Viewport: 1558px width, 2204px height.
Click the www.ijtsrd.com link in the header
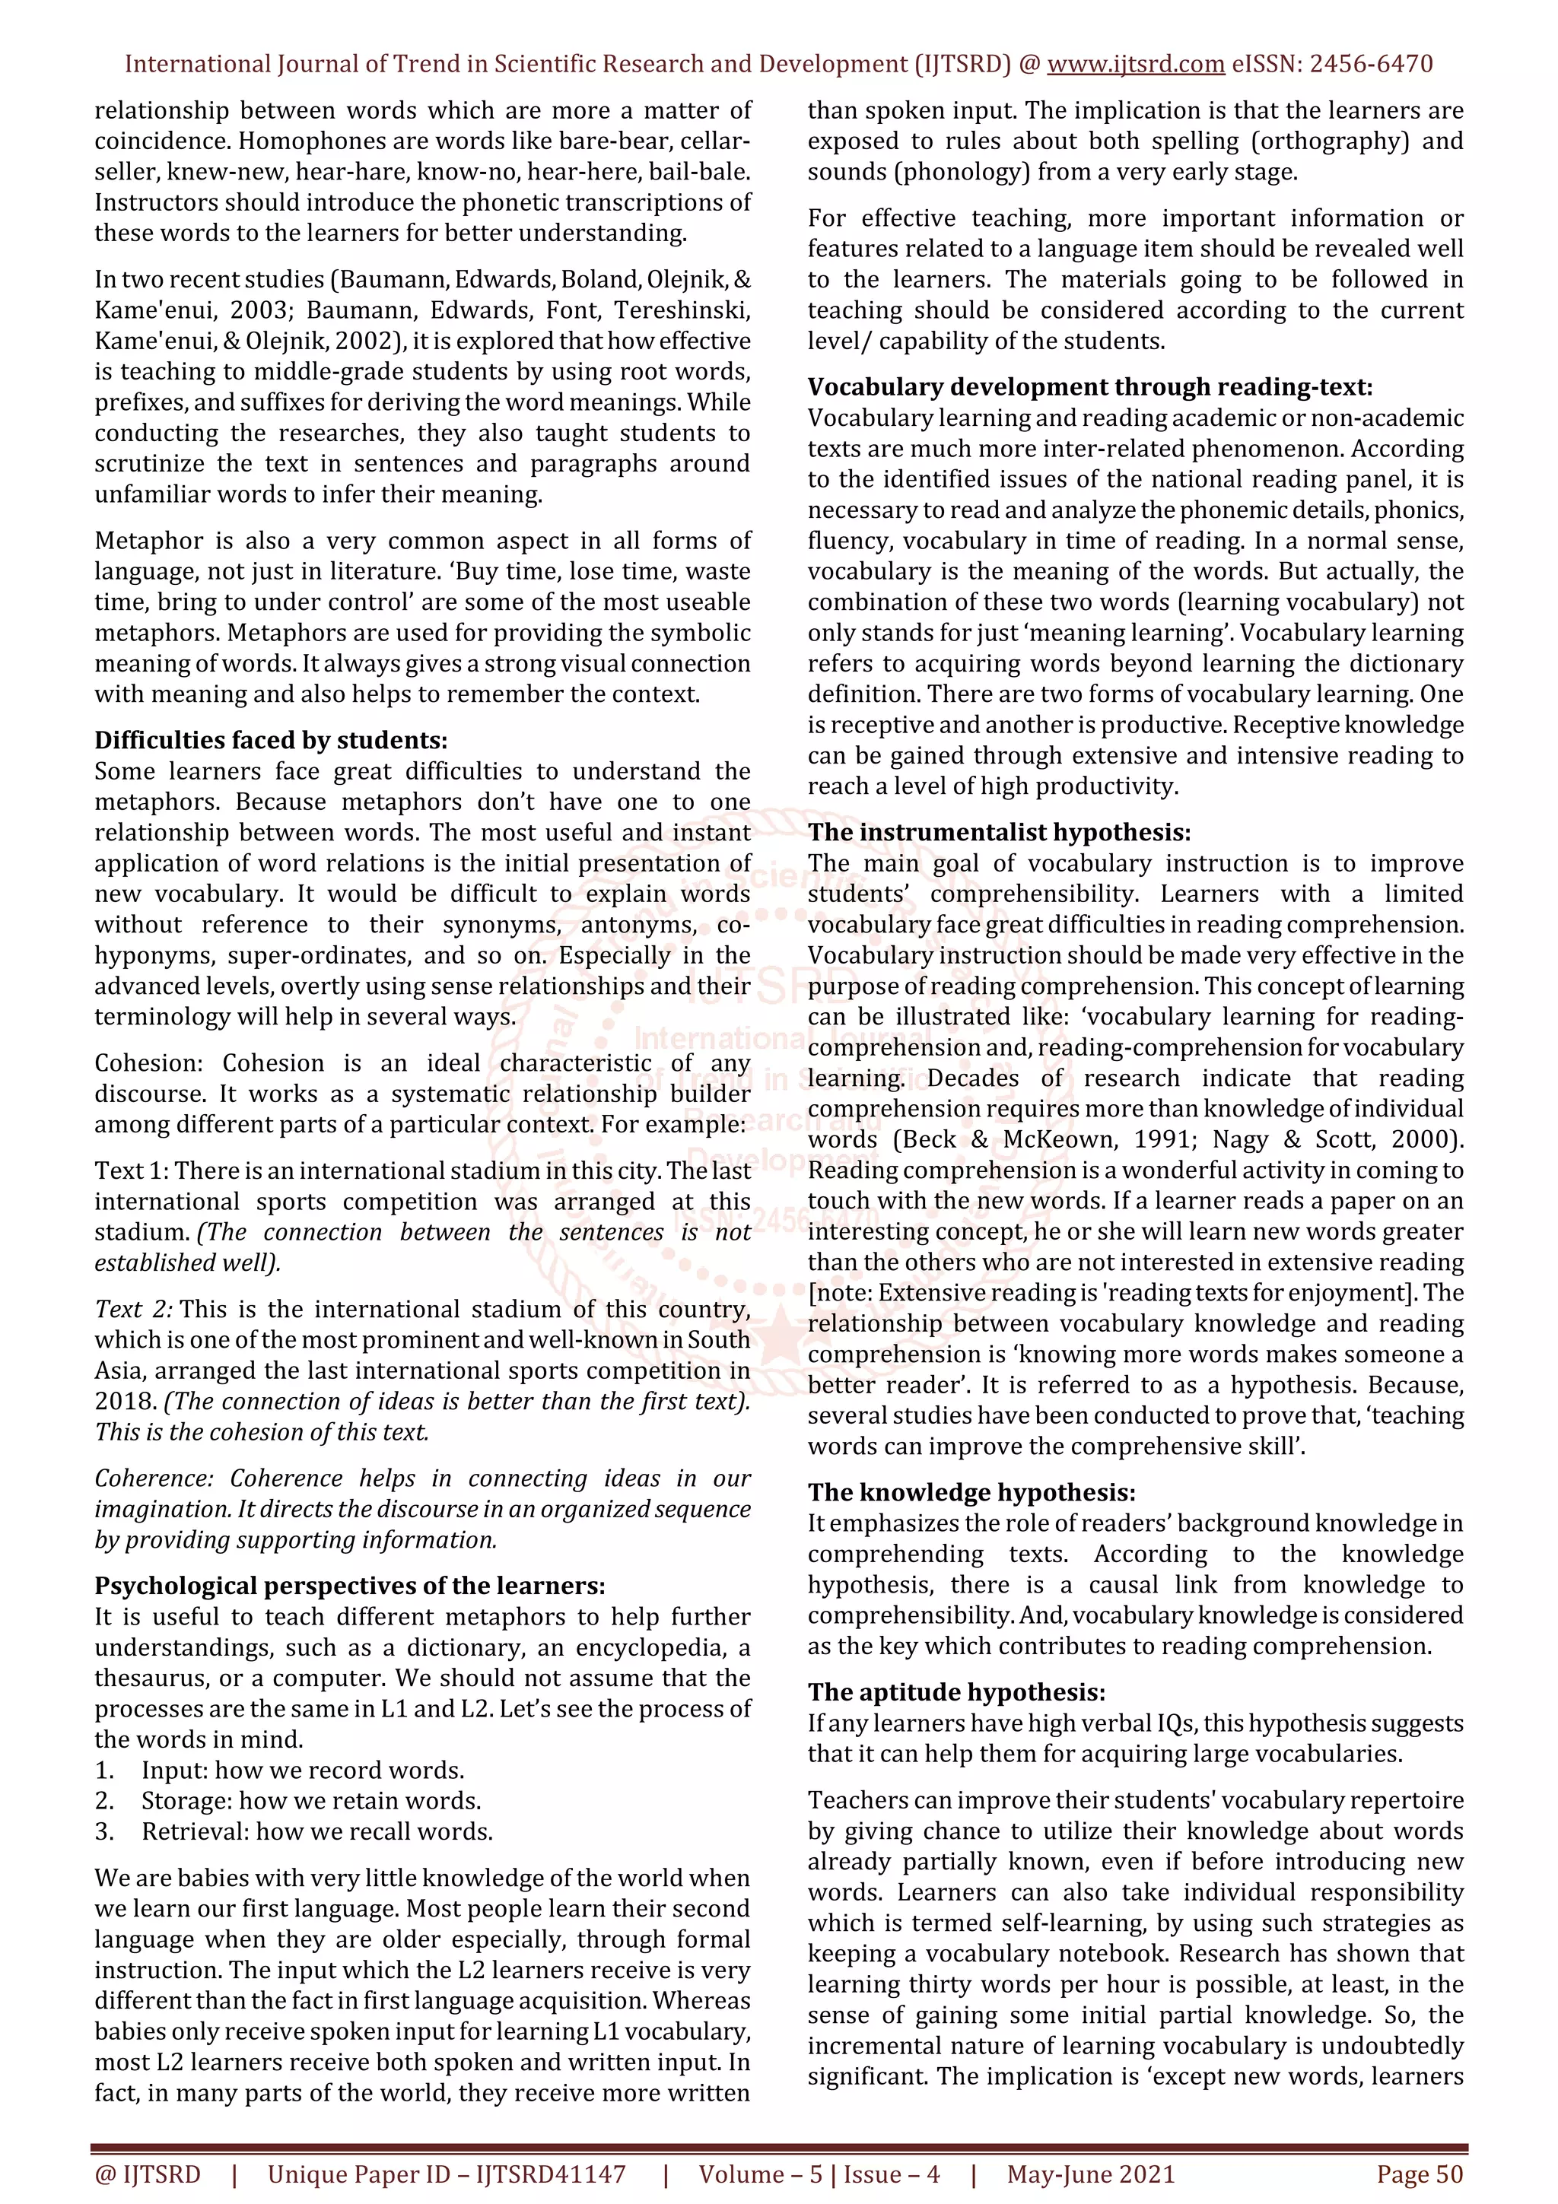[x=1135, y=65]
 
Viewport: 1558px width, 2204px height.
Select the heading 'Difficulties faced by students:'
[x=271, y=740]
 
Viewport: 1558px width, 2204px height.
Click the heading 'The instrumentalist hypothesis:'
[x=998, y=832]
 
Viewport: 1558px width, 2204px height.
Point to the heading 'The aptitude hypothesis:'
[x=956, y=1691]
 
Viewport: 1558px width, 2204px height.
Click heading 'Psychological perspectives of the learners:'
[x=349, y=1585]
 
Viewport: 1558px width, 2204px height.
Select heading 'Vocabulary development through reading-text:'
[x=1089, y=387]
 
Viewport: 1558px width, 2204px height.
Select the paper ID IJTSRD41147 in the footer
[x=550, y=2174]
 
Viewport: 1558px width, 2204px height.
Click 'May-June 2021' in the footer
[x=1090, y=2174]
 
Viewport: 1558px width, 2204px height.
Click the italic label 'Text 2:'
[x=133, y=1310]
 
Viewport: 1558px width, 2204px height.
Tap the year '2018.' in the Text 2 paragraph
[x=125, y=1402]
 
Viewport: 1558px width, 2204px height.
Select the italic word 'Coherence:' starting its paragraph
[x=154, y=1478]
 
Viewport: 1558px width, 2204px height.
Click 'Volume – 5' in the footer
[x=760, y=2174]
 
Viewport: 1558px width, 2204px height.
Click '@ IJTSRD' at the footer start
[x=148, y=2174]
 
